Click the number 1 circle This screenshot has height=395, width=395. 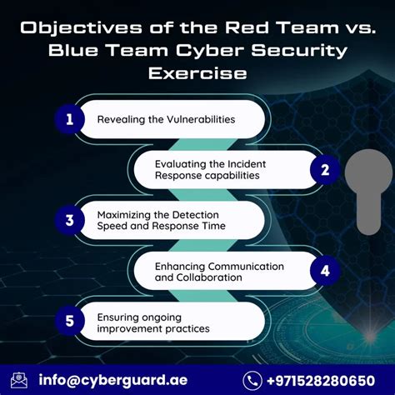(70, 119)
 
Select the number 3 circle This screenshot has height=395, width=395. (70, 220)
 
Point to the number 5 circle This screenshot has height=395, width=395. (70, 322)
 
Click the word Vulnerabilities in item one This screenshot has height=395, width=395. (193, 119)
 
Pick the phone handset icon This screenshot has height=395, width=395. (252, 380)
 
